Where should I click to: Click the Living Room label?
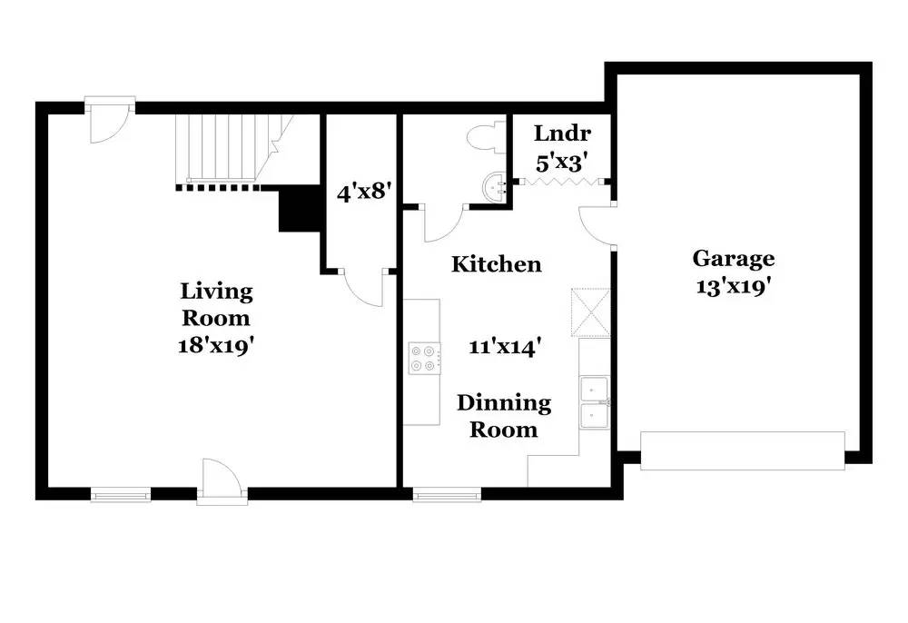[x=216, y=305]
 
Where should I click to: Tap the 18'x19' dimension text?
[x=216, y=346]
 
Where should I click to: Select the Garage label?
[x=734, y=259]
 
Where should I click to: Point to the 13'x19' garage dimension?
[x=734, y=288]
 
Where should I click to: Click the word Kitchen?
[x=497, y=264]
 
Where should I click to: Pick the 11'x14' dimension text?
[x=506, y=346]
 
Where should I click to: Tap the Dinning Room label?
[x=503, y=416]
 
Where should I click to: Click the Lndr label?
[x=562, y=133]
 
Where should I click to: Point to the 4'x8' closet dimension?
[x=362, y=193]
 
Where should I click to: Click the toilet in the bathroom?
[x=481, y=137]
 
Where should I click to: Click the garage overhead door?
[x=743, y=450]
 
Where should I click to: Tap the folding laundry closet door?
[x=562, y=183]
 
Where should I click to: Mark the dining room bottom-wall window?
[x=447, y=495]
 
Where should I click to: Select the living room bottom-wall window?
[x=121, y=495]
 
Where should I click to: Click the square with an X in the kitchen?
[x=589, y=313]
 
